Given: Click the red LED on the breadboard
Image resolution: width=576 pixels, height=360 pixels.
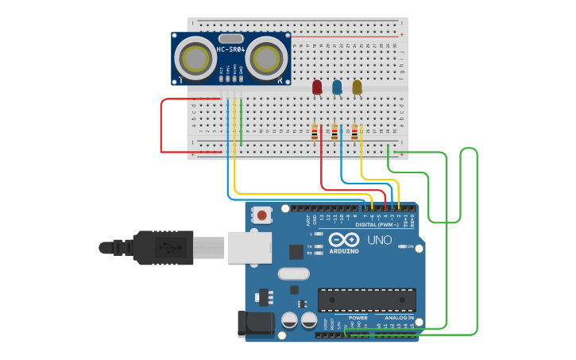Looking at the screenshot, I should coord(317,86).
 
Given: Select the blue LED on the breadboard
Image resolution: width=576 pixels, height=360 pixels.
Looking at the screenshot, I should coord(337,86).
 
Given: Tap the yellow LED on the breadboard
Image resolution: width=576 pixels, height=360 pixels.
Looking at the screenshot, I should coord(357,86).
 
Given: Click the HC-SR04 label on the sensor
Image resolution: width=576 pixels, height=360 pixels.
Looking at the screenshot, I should coord(230,50).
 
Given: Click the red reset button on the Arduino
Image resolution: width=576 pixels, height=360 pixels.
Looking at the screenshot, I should coord(261,214).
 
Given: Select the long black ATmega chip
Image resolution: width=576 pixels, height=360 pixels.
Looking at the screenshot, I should coord(366,300).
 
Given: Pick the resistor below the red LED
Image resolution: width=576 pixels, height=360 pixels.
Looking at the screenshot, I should coord(315,132).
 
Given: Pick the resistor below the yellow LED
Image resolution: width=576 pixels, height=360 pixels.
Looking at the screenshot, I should coord(354,132).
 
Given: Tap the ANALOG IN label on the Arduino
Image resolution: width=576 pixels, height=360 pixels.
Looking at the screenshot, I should coord(400,318).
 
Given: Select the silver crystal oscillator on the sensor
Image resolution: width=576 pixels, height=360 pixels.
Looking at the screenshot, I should coord(230,38).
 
